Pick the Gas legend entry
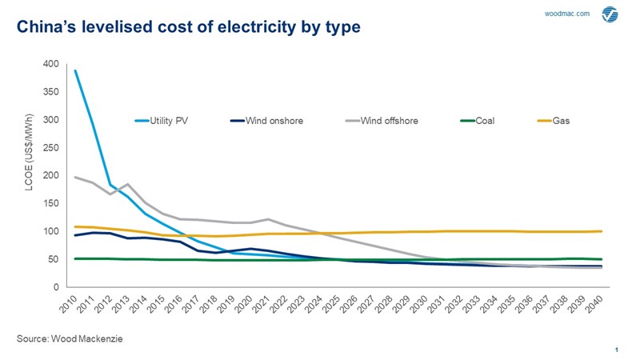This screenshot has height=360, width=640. tap(561, 122)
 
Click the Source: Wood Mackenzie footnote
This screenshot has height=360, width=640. tap(70, 340)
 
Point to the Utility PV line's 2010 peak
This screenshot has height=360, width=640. tap(75, 70)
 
